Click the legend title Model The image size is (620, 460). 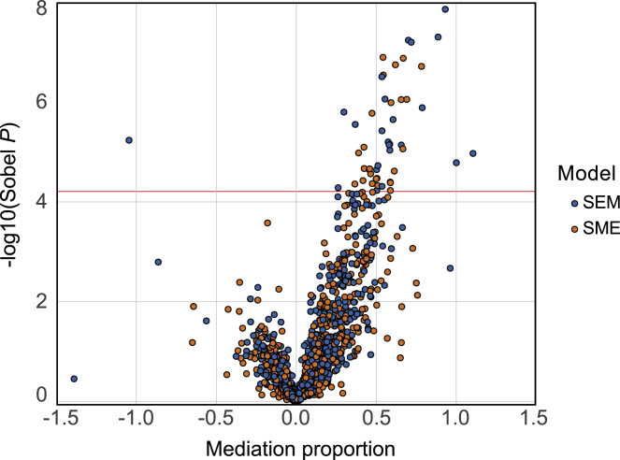coord(585,173)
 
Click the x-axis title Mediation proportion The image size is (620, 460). coord(296,447)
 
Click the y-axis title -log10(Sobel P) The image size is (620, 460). coord(13,202)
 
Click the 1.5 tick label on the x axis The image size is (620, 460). coord(534,417)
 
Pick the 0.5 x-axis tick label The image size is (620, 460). coord(375,417)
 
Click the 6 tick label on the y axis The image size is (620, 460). coord(41,101)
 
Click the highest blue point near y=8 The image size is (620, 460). coord(445,9)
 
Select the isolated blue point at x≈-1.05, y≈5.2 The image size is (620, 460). coord(129,140)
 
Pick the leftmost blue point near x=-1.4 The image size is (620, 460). coord(74,379)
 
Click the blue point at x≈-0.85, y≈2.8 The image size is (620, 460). coord(158,262)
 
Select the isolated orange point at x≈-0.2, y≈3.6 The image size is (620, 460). coord(267,223)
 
